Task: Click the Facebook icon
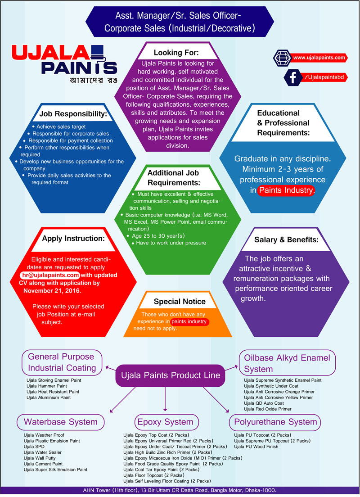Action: point(293,77)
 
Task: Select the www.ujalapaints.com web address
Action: point(319,58)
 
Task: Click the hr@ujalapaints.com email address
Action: point(50,275)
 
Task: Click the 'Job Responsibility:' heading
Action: point(72,114)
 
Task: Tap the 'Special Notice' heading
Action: point(180,301)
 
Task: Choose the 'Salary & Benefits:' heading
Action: point(286,239)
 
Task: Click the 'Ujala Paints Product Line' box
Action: point(168,375)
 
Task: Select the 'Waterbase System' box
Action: point(61,422)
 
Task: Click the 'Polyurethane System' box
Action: point(275,422)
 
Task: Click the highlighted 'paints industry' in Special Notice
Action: point(189,321)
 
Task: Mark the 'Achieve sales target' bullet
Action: point(61,127)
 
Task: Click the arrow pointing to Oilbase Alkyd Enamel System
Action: point(230,368)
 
